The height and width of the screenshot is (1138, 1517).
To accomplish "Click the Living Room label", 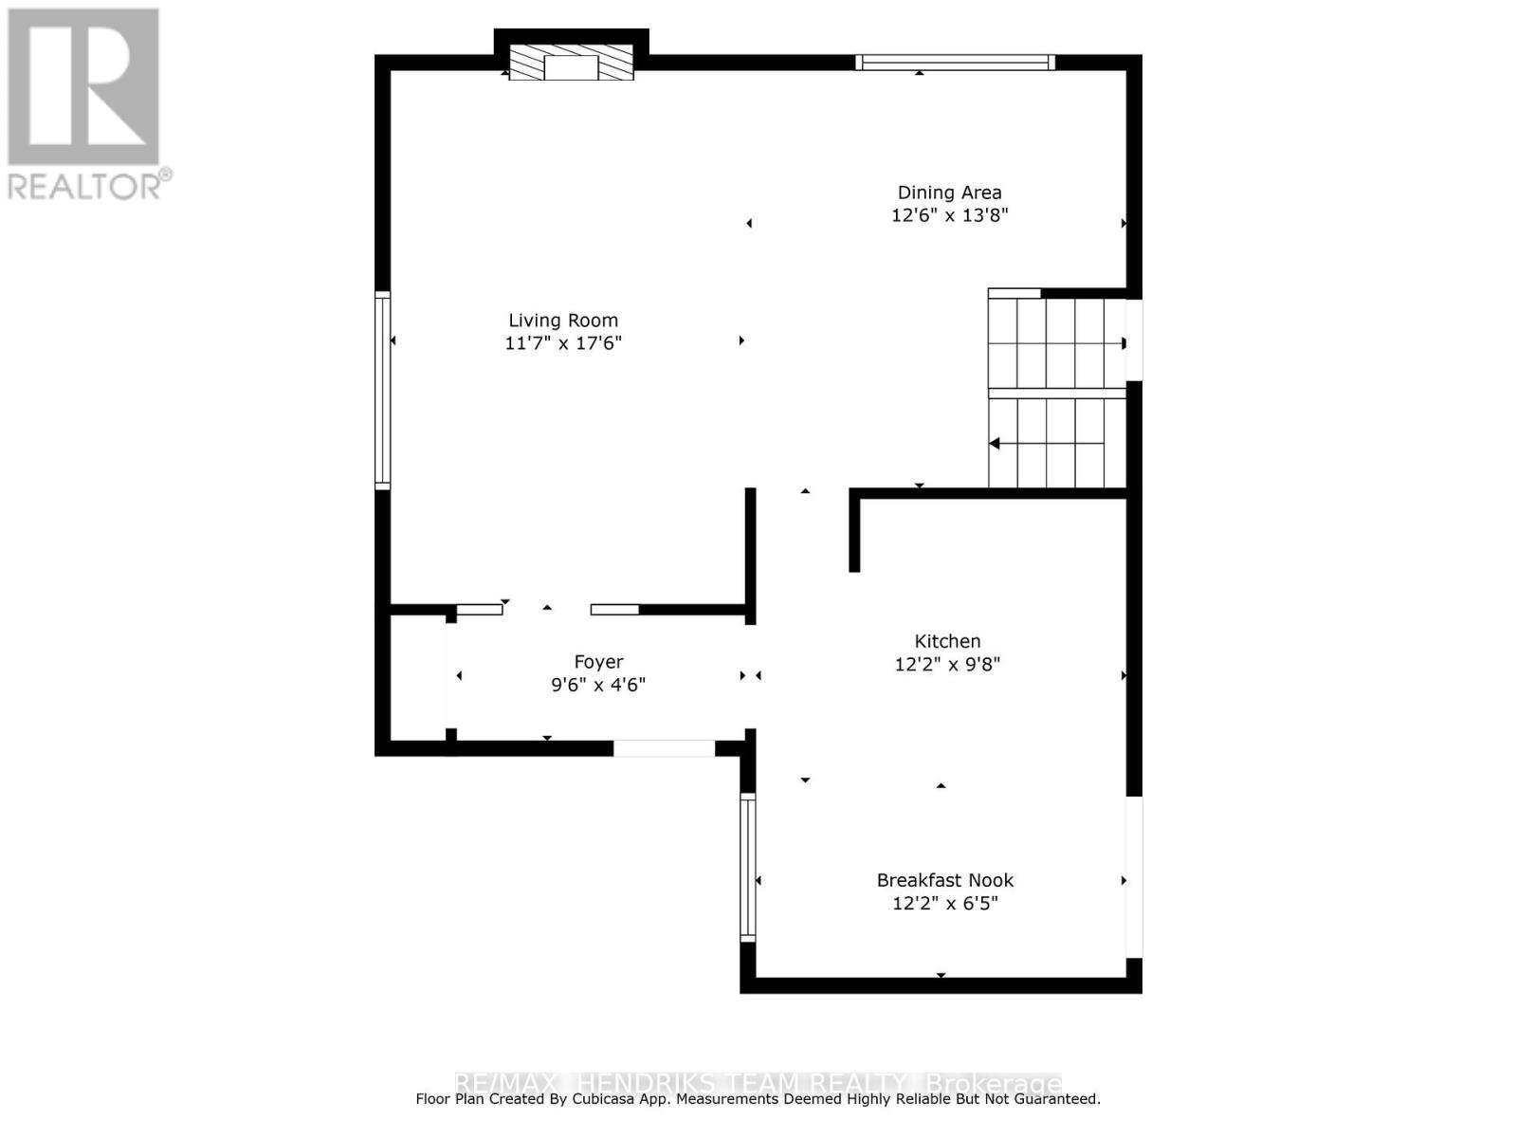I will (x=563, y=321).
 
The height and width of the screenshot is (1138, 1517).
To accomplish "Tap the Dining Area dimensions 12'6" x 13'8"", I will (x=949, y=215).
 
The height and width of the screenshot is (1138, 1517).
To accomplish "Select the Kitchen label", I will (x=947, y=641).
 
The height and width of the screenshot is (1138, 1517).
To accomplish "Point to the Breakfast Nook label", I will (x=945, y=880).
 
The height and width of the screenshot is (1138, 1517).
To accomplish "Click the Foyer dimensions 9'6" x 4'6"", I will (x=598, y=685).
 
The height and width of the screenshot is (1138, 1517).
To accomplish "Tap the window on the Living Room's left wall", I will (x=383, y=390).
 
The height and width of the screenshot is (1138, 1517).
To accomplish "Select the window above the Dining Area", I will (x=955, y=63).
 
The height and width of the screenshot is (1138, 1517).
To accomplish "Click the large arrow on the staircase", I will (x=994, y=443).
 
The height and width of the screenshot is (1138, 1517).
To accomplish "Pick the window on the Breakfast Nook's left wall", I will (x=748, y=867).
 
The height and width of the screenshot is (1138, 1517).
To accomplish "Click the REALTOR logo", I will (x=85, y=104).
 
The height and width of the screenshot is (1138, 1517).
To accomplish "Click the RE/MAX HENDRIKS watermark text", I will (x=758, y=1083).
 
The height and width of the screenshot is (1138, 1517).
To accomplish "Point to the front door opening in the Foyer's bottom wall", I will (x=664, y=748).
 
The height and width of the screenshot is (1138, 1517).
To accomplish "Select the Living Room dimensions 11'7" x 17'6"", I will (x=563, y=343).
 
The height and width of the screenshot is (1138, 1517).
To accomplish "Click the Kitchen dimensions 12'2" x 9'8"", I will (x=947, y=664).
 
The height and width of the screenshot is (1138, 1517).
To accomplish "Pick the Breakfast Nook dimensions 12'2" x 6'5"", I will (x=945, y=903).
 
